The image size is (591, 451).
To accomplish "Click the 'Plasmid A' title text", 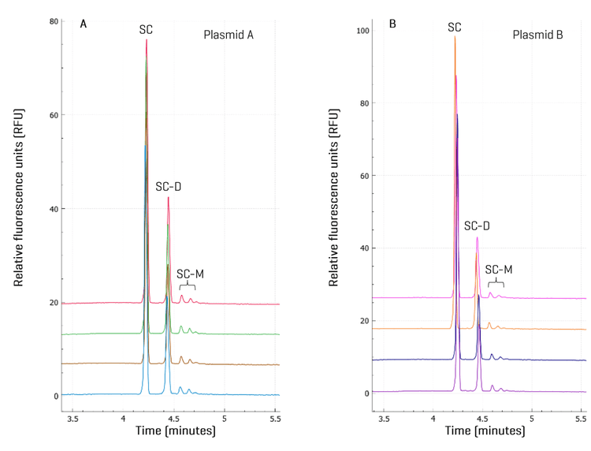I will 228,35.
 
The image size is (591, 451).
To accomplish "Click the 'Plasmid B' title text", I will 538,35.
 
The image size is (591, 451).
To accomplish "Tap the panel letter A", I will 84,24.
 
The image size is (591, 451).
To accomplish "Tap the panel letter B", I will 392,24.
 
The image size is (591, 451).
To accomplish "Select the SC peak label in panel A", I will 146,29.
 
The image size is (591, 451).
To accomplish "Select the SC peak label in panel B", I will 455,27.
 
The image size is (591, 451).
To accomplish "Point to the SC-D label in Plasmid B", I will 477,225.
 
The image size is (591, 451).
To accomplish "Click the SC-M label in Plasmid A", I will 190,274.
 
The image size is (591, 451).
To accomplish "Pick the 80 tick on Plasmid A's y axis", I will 54,21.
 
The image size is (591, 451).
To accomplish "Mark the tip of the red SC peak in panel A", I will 147,39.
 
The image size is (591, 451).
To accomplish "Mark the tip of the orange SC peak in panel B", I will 455,36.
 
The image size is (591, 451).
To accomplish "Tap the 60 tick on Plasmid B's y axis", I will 363,176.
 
